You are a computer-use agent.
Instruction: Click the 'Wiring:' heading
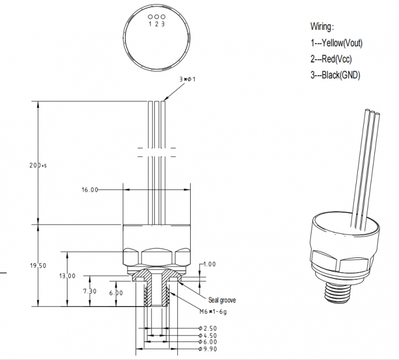click(x=322, y=26)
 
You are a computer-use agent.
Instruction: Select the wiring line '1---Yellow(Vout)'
click(x=336, y=43)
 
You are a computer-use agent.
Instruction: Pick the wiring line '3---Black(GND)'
click(x=335, y=74)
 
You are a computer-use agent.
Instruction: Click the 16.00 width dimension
click(x=90, y=190)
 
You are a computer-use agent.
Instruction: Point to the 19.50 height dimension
click(x=38, y=266)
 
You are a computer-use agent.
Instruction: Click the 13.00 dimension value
click(x=67, y=276)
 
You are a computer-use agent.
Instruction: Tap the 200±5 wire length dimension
click(x=38, y=166)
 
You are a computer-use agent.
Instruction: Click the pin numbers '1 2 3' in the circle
click(x=156, y=24)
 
